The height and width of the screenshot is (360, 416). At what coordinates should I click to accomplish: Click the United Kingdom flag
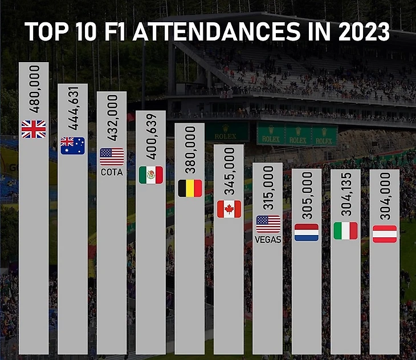click(x=34, y=130)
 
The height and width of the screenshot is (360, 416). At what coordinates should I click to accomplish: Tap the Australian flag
click(x=73, y=146)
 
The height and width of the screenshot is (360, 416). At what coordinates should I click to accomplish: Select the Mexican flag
click(x=151, y=175)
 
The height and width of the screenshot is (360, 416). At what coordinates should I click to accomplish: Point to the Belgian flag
click(x=190, y=188)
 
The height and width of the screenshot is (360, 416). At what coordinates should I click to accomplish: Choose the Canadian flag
click(x=229, y=209)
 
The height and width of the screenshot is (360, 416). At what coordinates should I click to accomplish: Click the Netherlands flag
click(x=307, y=232)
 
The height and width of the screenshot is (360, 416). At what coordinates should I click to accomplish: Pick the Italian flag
click(x=345, y=230)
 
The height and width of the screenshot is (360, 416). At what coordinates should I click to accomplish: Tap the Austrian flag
click(x=385, y=234)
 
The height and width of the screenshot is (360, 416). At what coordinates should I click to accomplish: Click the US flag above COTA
click(x=112, y=157)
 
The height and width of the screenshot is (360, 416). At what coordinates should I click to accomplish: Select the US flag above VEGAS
click(x=268, y=224)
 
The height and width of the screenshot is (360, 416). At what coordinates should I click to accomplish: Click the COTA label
click(x=112, y=172)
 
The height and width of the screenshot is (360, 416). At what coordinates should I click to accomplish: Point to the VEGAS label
click(x=268, y=240)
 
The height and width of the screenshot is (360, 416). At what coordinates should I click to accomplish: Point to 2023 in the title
click(x=358, y=33)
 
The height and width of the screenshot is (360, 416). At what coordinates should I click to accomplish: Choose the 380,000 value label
click(x=190, y=151)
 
